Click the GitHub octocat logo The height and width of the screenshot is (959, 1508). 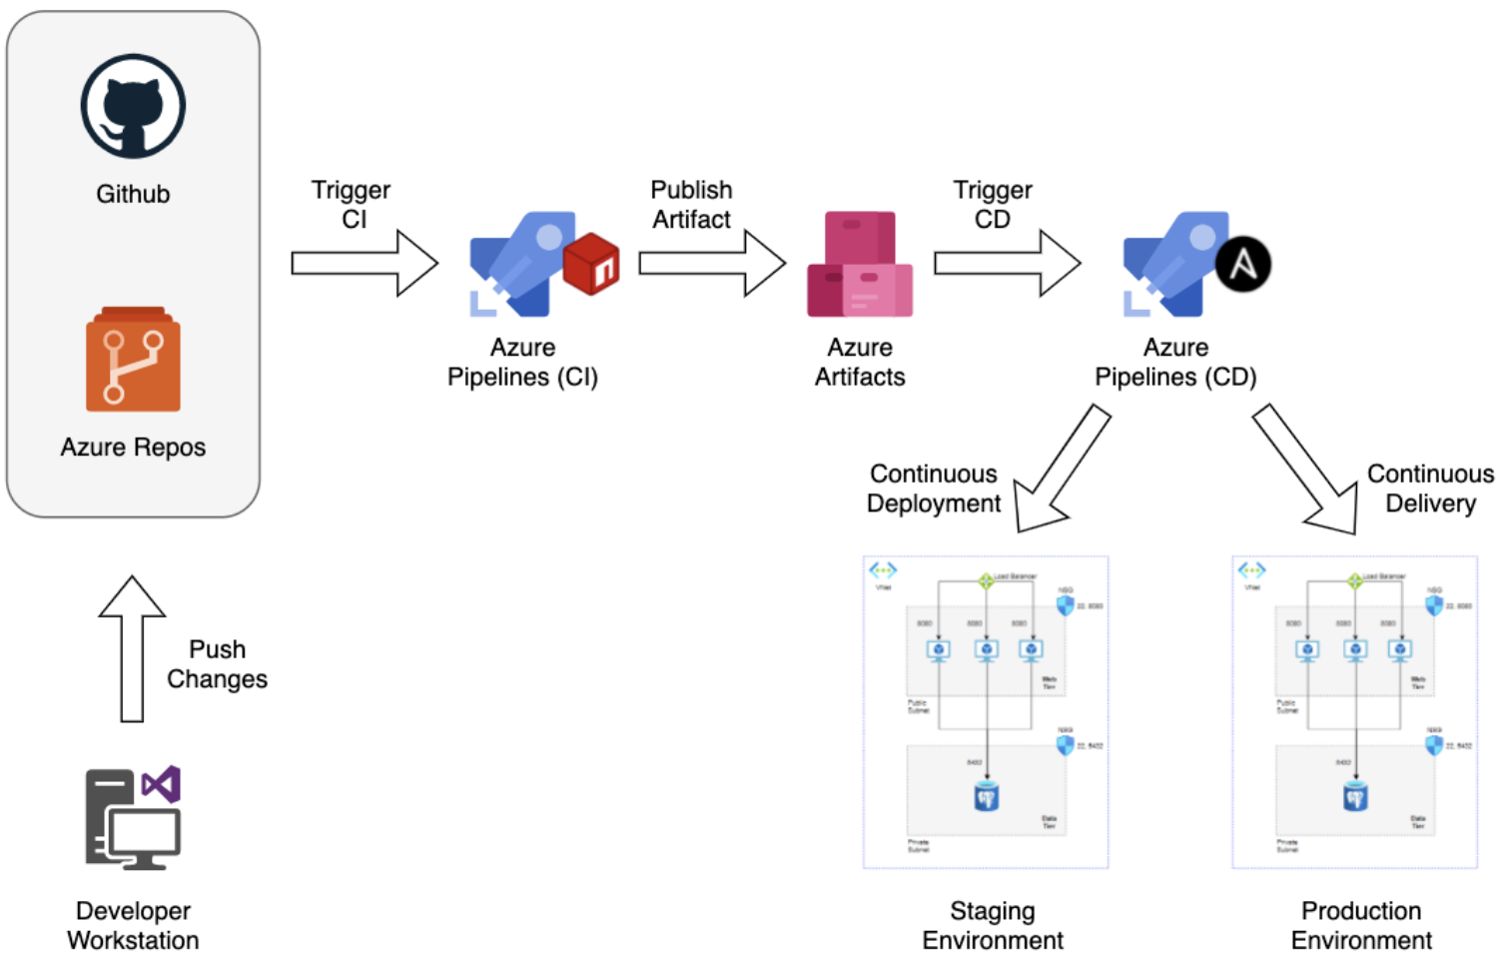point(133,106)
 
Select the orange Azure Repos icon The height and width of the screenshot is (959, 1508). point(133,361)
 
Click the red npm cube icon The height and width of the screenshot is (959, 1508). point(591,264)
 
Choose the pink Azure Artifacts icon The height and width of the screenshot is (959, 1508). point(860,265)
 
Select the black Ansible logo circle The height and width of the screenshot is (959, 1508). point(1242,265)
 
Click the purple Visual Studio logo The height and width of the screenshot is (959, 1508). point(162,785)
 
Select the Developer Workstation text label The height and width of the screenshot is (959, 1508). point(133,925)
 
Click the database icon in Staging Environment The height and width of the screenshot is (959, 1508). point(986,796)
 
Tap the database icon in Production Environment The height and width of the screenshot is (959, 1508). point(1355,796)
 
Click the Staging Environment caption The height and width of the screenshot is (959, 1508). point(992,925)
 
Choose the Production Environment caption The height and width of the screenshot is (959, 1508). point(1361,925)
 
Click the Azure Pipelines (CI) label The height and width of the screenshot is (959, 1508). point(522,362)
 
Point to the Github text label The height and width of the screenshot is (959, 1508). point(133,194)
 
